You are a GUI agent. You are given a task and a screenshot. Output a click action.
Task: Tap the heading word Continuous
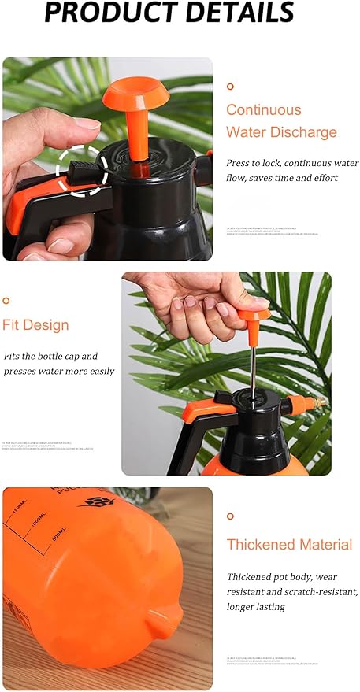tap(263, 110)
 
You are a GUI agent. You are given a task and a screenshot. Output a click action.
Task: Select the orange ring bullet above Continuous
tap(230, 87)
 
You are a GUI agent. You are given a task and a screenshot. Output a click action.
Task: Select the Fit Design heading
tap(35, 325)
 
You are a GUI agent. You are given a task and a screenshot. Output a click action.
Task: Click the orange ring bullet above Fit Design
tap(6, 300)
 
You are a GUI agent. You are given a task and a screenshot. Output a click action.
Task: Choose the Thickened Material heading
tap(289, 544)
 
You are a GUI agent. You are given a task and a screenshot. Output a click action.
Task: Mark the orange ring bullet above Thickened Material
tap(230, 516)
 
